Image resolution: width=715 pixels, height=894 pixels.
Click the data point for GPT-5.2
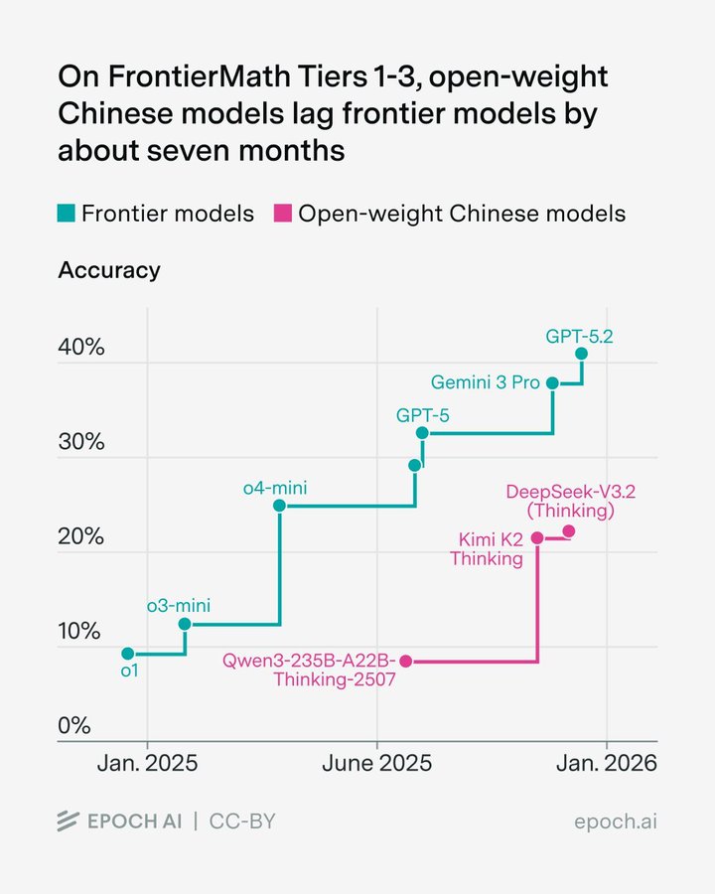[x=581, y=354]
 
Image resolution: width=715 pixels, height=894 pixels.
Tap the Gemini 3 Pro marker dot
[x=553, y=383]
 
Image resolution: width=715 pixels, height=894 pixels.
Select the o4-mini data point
[x=279, y=506]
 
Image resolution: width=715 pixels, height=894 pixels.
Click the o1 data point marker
[x=127, y=654]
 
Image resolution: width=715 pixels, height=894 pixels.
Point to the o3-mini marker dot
[x=185, y=624]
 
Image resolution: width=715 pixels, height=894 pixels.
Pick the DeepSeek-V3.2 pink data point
[x=568, y=531]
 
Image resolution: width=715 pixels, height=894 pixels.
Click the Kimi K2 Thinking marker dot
[x=537, y=538]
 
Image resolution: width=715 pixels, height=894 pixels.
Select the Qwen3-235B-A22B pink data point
[x=405, y=662]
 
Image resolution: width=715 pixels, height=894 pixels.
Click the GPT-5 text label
[x=423, y=415]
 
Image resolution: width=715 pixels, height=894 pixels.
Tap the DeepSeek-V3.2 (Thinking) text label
[x=561, y=502]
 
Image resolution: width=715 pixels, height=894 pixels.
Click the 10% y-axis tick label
[x=80, y=633]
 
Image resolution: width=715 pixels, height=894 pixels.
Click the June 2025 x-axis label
[x=376, y=764]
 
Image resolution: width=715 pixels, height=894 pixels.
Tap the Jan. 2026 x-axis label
[x=606, y=764]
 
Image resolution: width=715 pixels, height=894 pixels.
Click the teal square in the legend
[x=66, y=214]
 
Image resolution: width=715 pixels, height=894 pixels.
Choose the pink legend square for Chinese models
[x=282, y=214]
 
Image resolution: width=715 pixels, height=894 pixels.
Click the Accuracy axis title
[x=109, y=270]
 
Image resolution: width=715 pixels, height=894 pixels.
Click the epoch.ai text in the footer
[x=616, y=821]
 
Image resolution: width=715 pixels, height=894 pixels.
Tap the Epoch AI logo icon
[x=68, y=821]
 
